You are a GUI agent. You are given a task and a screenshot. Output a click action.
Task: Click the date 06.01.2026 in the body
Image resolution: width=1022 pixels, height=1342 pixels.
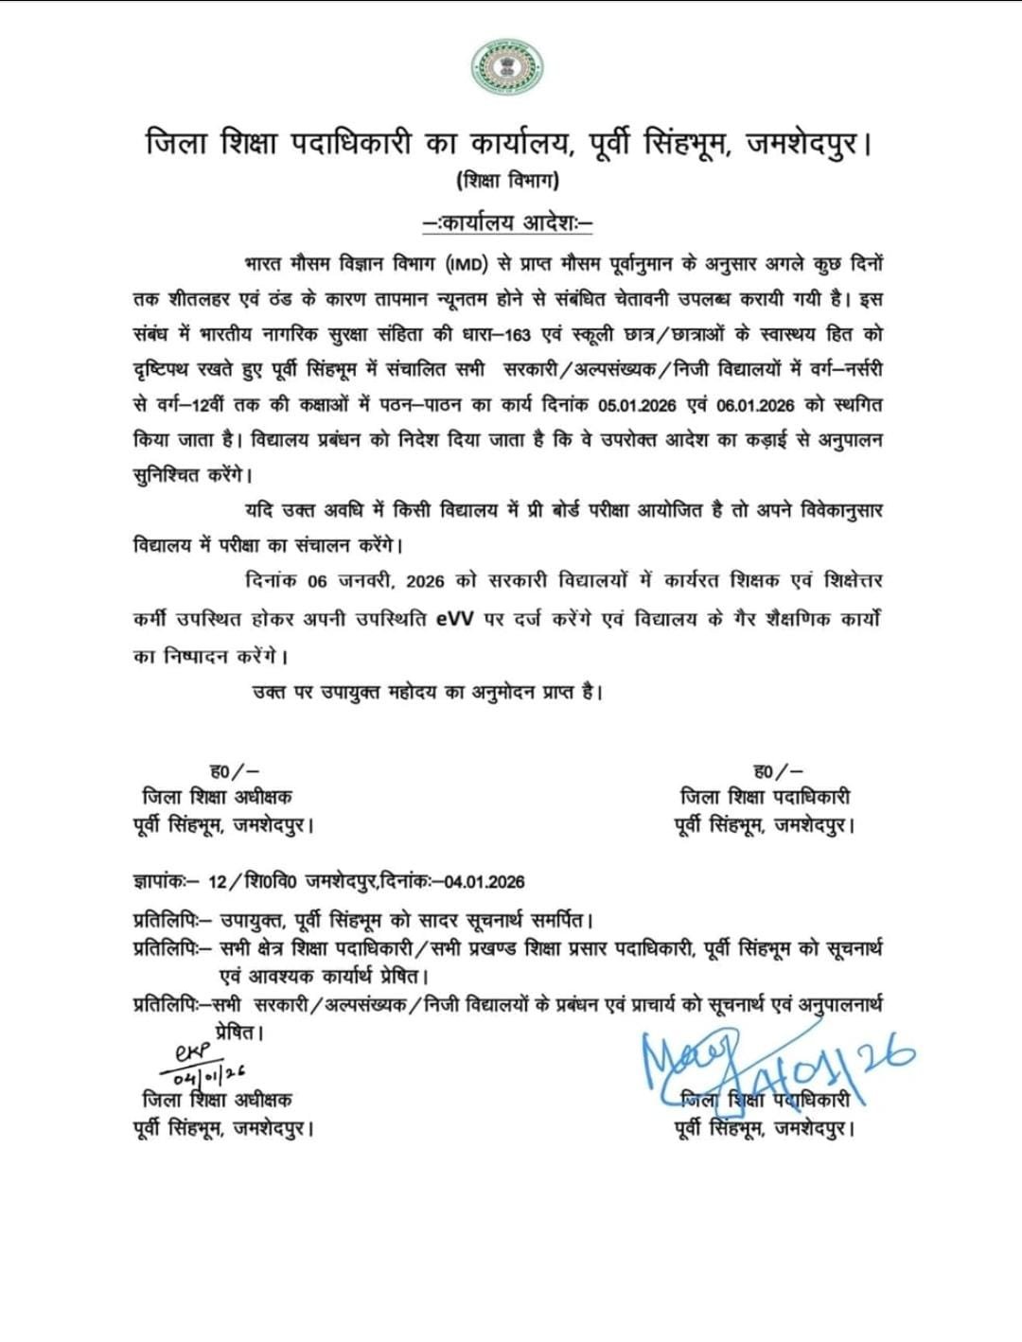click(756, 405)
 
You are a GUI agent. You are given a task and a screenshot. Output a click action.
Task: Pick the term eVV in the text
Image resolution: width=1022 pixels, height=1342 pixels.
click(457, 621)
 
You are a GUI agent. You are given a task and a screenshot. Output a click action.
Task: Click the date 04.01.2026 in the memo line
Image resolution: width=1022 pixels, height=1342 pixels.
click(485, 882)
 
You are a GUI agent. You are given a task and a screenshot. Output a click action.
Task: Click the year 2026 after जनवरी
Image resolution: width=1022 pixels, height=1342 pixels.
click(425, 581)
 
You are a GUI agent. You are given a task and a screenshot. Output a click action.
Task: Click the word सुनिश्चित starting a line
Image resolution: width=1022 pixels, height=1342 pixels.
click(167, 475)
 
